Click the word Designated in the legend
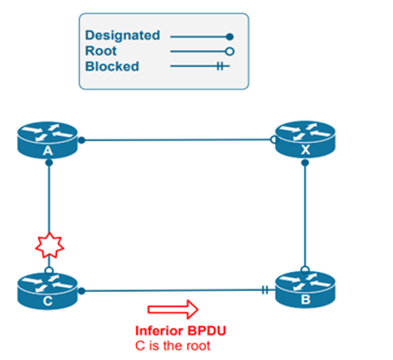click(x=122, y=35)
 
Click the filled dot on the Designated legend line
click(x=229, y=36)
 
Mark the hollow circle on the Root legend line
click(x=229, y=51)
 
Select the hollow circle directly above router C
click(x=50, y=268)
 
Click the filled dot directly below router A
click(x=50, y=162)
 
